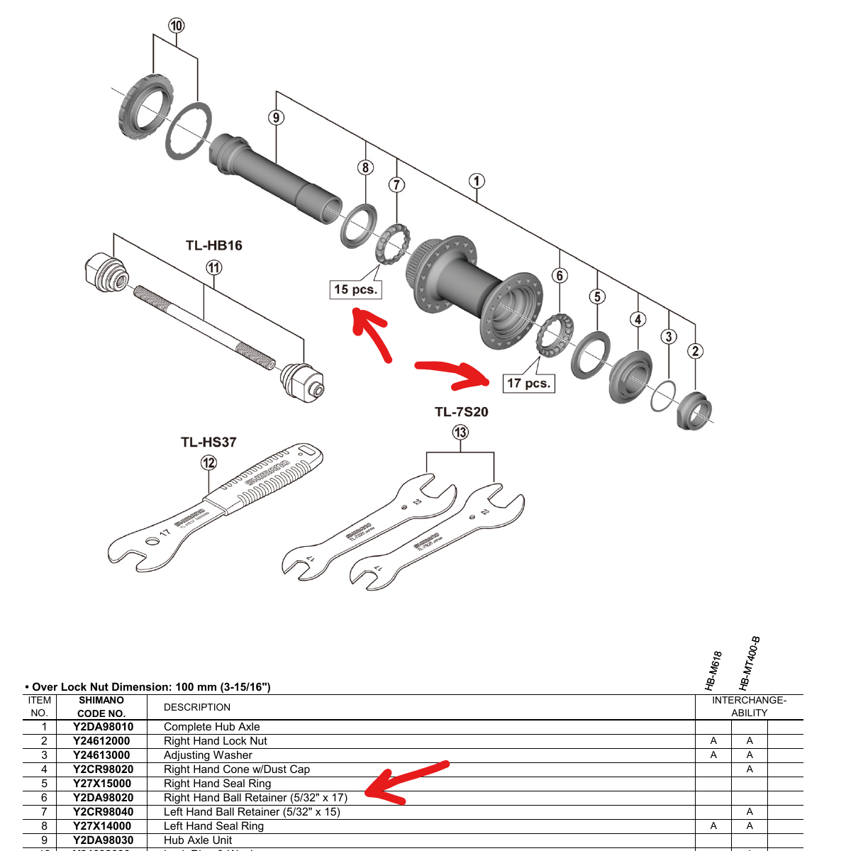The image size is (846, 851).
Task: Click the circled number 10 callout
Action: (x=176, y=26)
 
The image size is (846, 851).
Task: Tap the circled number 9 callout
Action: (x=276, y=118)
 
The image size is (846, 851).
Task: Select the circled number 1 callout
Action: (x=477, y=181)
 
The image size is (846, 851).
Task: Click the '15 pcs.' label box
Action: (x=356, y=289)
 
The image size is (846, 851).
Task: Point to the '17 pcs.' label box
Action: (x=528, y=383)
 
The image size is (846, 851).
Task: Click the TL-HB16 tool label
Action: (x=214, y=245)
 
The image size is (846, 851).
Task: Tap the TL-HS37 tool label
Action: (x=208, y=442)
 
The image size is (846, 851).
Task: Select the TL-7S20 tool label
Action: (x=461, y=412)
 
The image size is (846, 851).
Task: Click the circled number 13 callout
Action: (x=461, y=433)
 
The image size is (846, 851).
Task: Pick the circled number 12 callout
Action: (x=208, y=463)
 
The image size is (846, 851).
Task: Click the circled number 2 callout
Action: (x=696, y=351)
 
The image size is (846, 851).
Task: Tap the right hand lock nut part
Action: (x=694, y=411)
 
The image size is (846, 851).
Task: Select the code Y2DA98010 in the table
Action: (x=103, y=727)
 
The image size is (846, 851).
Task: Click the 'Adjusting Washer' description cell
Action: (x=208, y=755)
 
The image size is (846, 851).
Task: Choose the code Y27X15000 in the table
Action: (x=102, y=784)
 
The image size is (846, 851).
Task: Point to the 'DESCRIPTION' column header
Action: (x=197, y=707)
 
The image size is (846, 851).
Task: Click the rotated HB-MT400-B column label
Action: (x=749, y=663)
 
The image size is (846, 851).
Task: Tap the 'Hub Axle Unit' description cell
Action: (x=198, y=840)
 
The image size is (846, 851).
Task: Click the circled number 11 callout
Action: (x=214, y=268)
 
